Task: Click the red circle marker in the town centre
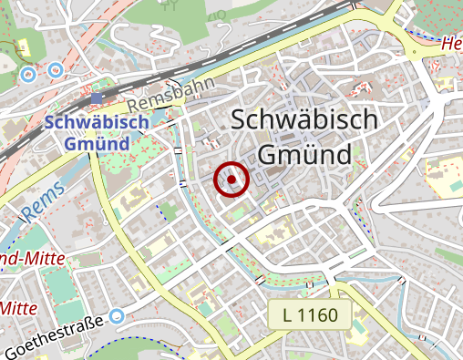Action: pos(231,180)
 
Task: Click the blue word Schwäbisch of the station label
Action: pos(88,124)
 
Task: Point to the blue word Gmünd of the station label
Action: pos(96,144)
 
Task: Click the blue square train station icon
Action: pos(98,98)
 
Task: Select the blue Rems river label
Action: pos(37,201)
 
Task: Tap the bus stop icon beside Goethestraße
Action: pos(116,317)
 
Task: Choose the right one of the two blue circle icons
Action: pos(56,68)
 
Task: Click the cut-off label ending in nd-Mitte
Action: pos(32,259)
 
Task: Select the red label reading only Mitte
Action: pos(17,308)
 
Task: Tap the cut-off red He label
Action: pos(450,43)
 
